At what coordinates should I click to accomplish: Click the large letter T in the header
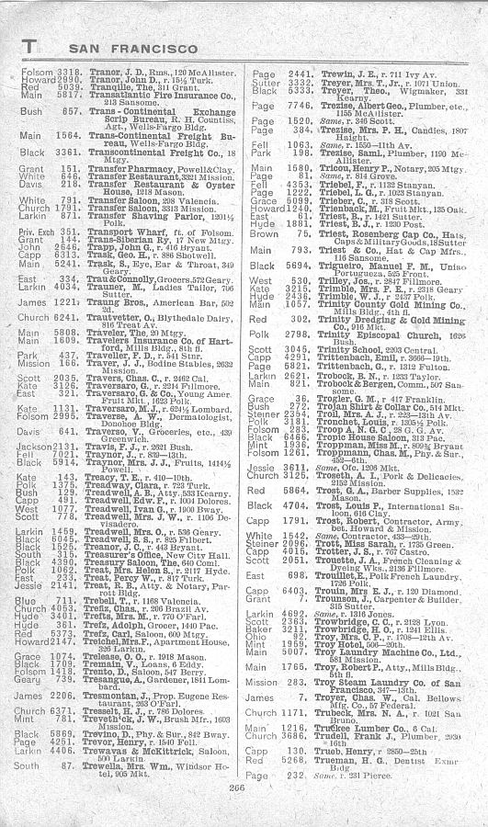click(28, 44)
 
